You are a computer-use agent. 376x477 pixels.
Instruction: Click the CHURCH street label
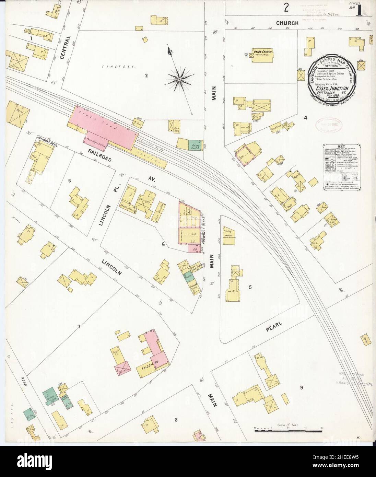coord(289,23)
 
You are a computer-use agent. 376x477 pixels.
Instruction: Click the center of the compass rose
coord(179,80)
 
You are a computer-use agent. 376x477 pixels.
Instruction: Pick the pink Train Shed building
coord(103,128)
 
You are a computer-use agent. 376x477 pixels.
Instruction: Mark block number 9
coord(301,388)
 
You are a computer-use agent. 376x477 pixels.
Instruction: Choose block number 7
coord(79,326)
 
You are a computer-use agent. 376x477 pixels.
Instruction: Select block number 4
coord(305,118)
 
